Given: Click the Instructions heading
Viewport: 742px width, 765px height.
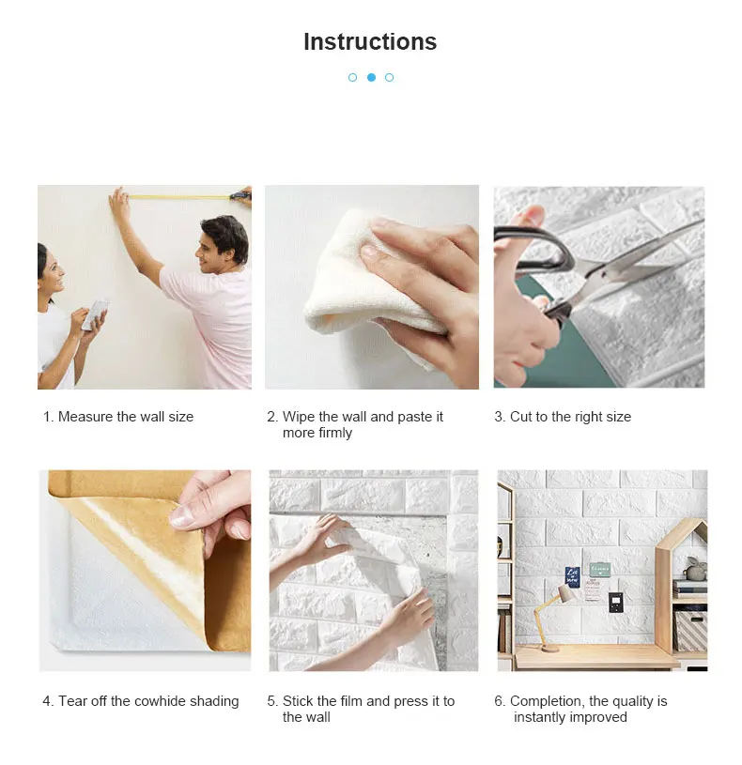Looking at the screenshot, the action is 370,41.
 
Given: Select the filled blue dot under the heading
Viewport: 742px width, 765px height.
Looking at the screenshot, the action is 372,77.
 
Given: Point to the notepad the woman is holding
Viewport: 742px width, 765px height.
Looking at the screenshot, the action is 96,314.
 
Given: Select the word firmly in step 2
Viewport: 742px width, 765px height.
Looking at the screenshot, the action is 334,434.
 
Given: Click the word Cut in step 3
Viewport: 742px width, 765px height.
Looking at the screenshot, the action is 520,417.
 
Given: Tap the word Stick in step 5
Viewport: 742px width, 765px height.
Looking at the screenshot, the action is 298,701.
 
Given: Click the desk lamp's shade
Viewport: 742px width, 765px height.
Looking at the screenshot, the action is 568,594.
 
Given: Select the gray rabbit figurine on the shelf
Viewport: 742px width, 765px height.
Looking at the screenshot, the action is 694,569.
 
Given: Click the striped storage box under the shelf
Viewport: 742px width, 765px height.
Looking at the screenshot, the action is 690,632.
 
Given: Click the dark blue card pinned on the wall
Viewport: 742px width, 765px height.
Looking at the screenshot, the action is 572,575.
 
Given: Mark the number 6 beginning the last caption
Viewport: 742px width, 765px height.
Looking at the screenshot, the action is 499,701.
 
